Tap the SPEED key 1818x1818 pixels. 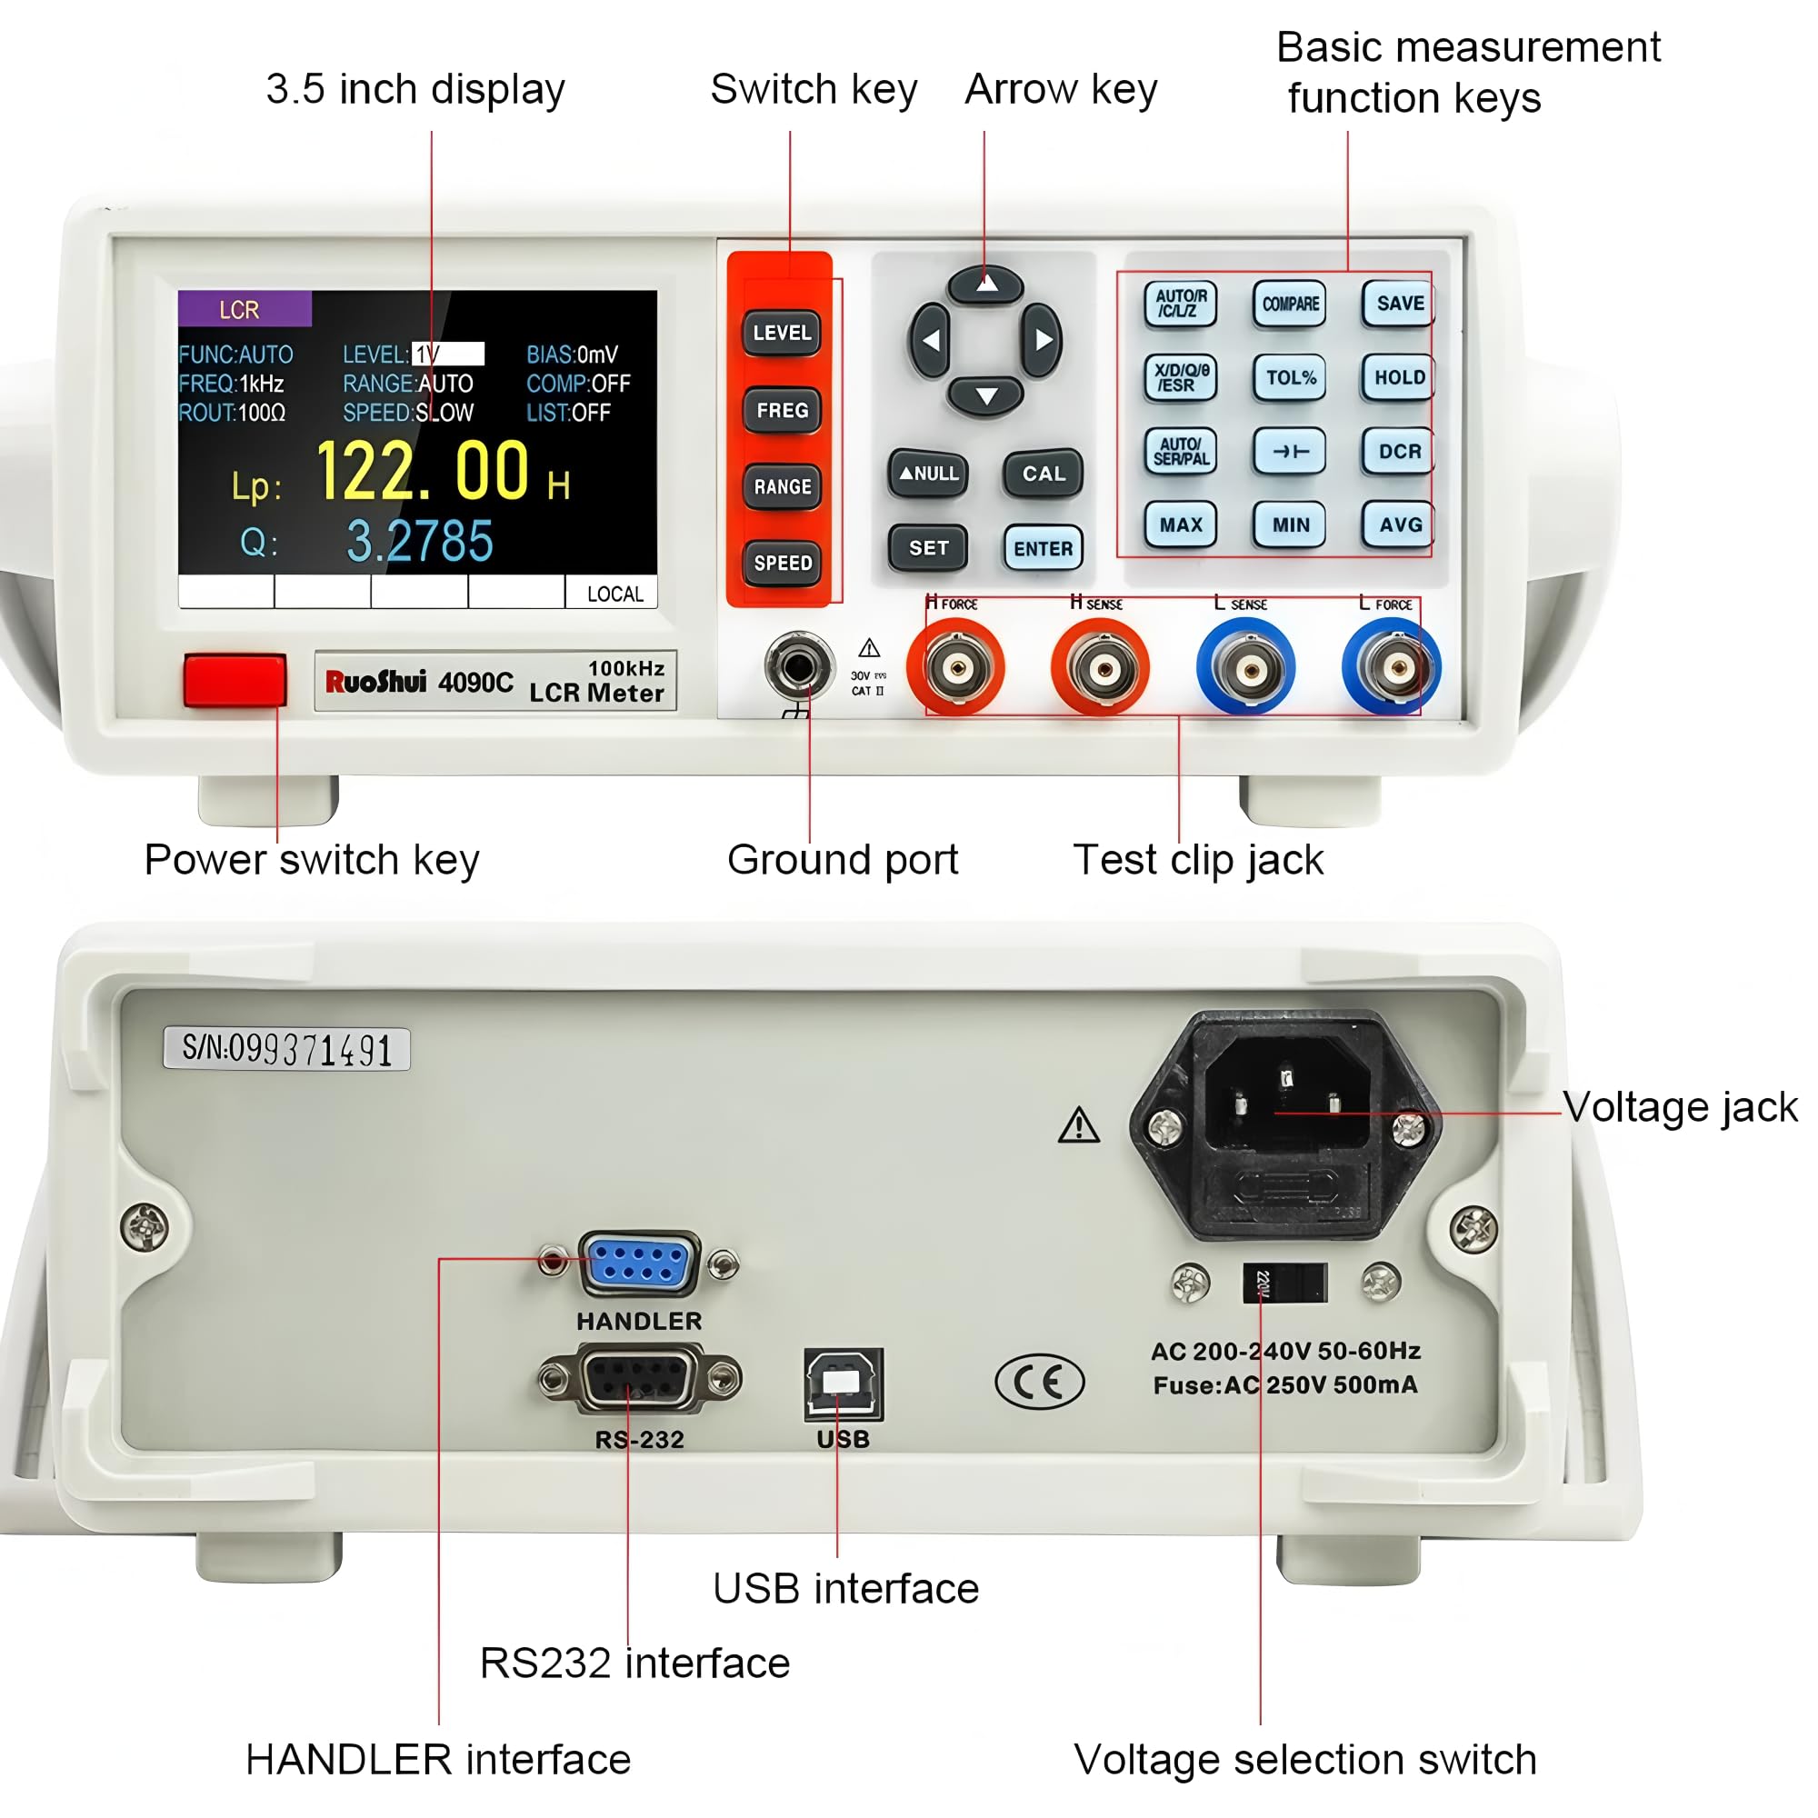(782, 563)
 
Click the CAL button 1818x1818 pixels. (1043, 474)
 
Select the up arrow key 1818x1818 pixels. (985, 284)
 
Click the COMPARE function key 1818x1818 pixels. (1289, 304)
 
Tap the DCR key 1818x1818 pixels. (1398, 452)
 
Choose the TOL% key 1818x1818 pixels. (1289, 377)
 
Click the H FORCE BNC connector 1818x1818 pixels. (956, 668)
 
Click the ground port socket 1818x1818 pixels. (799, 666)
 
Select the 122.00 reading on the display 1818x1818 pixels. (423, 471)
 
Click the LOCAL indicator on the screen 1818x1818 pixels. (614, 594)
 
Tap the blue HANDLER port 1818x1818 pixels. (639, 1263)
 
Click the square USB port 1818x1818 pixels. (844, 1383)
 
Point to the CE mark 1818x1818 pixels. (1039, 1382)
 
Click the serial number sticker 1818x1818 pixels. (286, 1048)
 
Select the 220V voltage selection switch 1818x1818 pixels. (1284, 1283)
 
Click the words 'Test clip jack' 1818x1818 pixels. (1197, 859)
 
